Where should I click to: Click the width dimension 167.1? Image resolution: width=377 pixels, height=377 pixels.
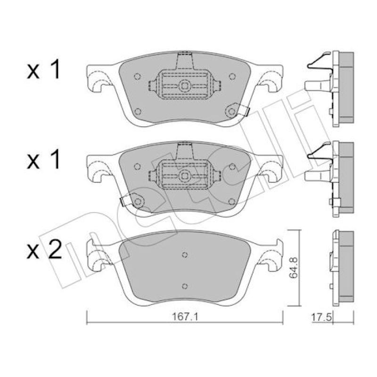(x=185, y=317)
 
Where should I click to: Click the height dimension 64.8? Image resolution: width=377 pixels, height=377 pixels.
(x=293, y=268)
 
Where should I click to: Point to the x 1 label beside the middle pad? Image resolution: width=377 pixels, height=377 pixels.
(x=43, y=159)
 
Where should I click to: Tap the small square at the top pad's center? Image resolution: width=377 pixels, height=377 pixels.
(x=185, y=86)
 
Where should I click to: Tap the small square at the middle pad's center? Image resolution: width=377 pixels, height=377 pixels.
(x=185, y=176)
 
